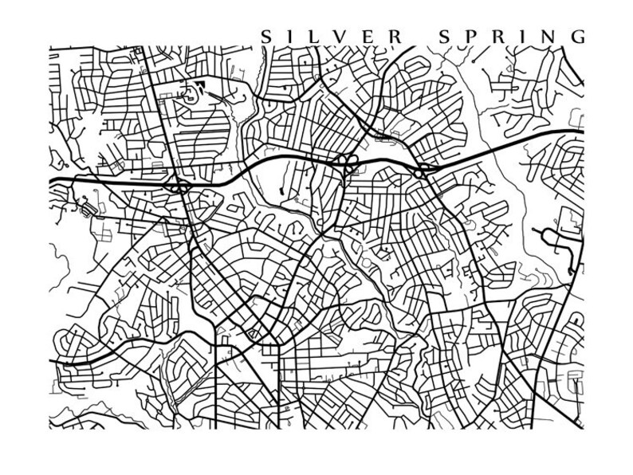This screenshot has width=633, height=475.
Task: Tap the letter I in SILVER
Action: coord(290,37)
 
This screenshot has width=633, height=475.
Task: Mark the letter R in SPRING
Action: coord(495,37)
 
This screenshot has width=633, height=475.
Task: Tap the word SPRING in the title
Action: coord(509,37)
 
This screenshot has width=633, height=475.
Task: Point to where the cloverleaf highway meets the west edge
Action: coord(50,182)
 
